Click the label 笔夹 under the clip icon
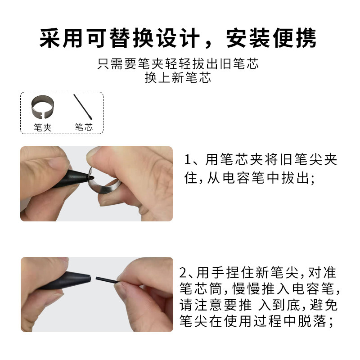coord(43,127)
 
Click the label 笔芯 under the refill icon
coord(83,127)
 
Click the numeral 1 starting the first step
coord(189,160)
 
